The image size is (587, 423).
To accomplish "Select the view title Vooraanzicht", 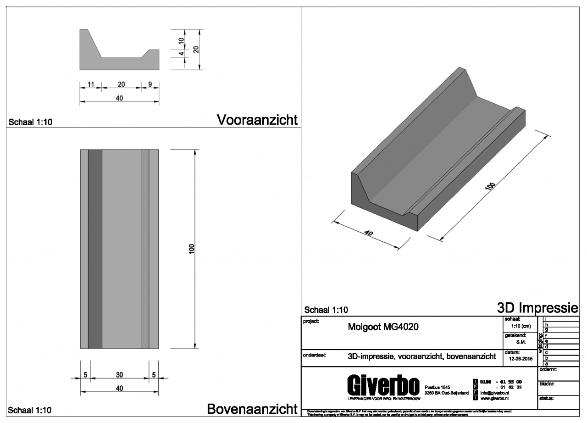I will click(257, 120).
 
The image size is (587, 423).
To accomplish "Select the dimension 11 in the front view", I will click(90, 84).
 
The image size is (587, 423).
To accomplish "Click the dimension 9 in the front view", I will click(150, 84).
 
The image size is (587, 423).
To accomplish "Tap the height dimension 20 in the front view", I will click(196, 50).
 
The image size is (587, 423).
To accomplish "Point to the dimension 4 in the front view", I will click(181, 54).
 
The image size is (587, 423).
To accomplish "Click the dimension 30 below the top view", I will click(119, 375).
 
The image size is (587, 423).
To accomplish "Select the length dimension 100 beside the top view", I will click(191, 248).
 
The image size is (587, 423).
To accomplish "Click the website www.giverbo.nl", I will click(496, 399).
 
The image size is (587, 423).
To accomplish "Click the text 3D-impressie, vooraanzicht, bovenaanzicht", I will click(420, 356).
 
